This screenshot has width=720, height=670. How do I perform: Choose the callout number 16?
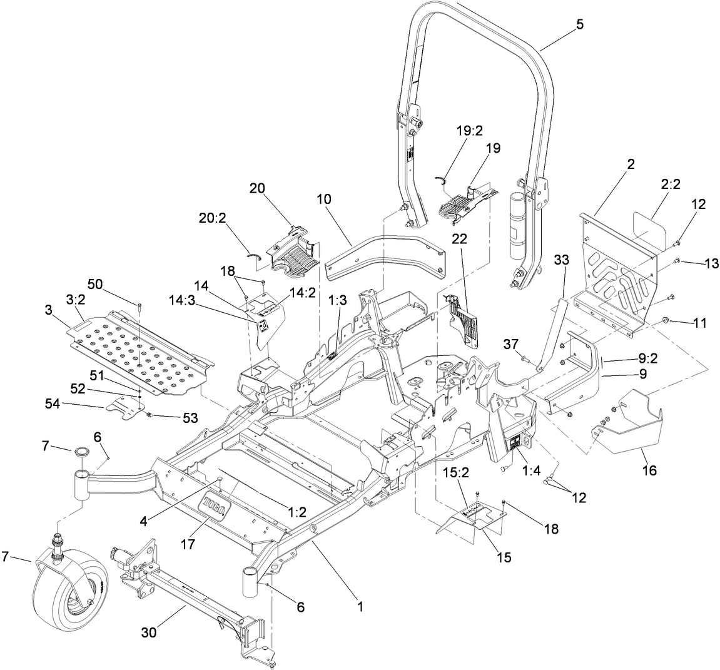(x=650, y=469)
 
